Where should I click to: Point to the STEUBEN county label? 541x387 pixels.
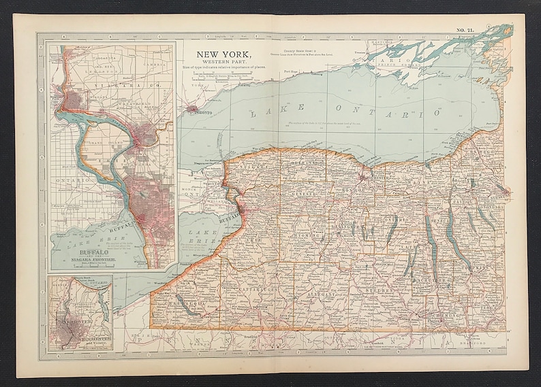[373, 290]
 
